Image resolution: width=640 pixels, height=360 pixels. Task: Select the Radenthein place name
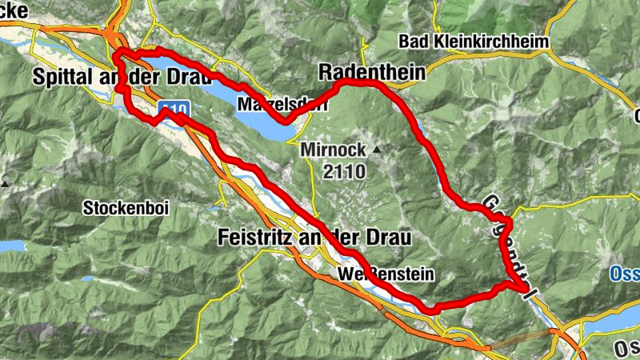[371, 72]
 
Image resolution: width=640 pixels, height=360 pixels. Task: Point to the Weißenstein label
[385, 275]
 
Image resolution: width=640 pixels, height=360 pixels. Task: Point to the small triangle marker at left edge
[5, 183]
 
